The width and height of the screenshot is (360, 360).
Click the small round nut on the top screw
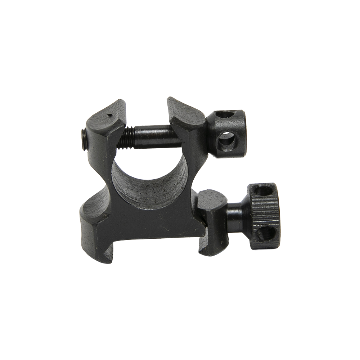[x=227, y=132]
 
